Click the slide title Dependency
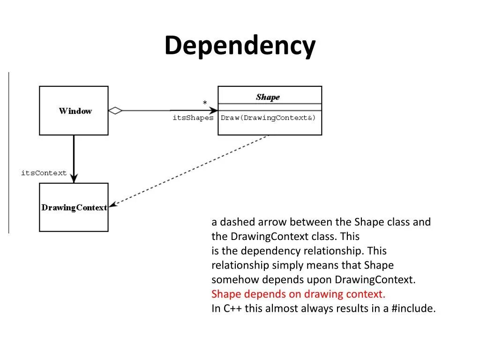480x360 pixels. point(240,46)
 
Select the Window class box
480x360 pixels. point(74,111)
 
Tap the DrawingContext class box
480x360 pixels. point(74,207)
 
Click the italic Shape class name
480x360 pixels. point(268,97)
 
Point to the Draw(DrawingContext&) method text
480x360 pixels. point(268,118)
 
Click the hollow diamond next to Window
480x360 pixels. point(115,111)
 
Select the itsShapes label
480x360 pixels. point(193,118)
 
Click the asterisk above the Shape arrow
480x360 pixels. point(204,103)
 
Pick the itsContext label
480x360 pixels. point(44,173)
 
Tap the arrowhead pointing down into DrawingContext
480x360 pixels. point(74,179)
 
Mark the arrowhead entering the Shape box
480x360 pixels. point(213,111)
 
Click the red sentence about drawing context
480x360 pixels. point(298,294)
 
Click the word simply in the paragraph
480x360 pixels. point(288,265)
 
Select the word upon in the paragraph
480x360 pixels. point(320,280)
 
